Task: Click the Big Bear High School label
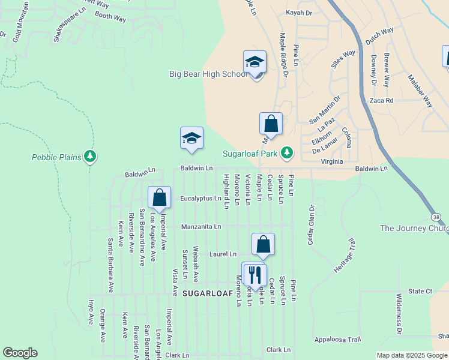click(x=208, y=74)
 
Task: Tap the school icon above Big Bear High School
click(x=255, y=62)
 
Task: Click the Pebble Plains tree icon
click(x=90, y=157)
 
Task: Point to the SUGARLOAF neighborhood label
click(x=206, y=293)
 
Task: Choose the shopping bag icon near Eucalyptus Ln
click(x=160, y=197)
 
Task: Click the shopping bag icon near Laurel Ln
click(x=263, y=245)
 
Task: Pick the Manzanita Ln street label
click(x=202, y=227)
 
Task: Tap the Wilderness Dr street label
click(x=399, y=314)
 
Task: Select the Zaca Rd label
click(x=381, y=100)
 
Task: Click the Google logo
click(x=20, y=353)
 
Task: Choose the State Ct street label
click(x=420, y=291)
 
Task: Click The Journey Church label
click(x=414, y=228)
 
